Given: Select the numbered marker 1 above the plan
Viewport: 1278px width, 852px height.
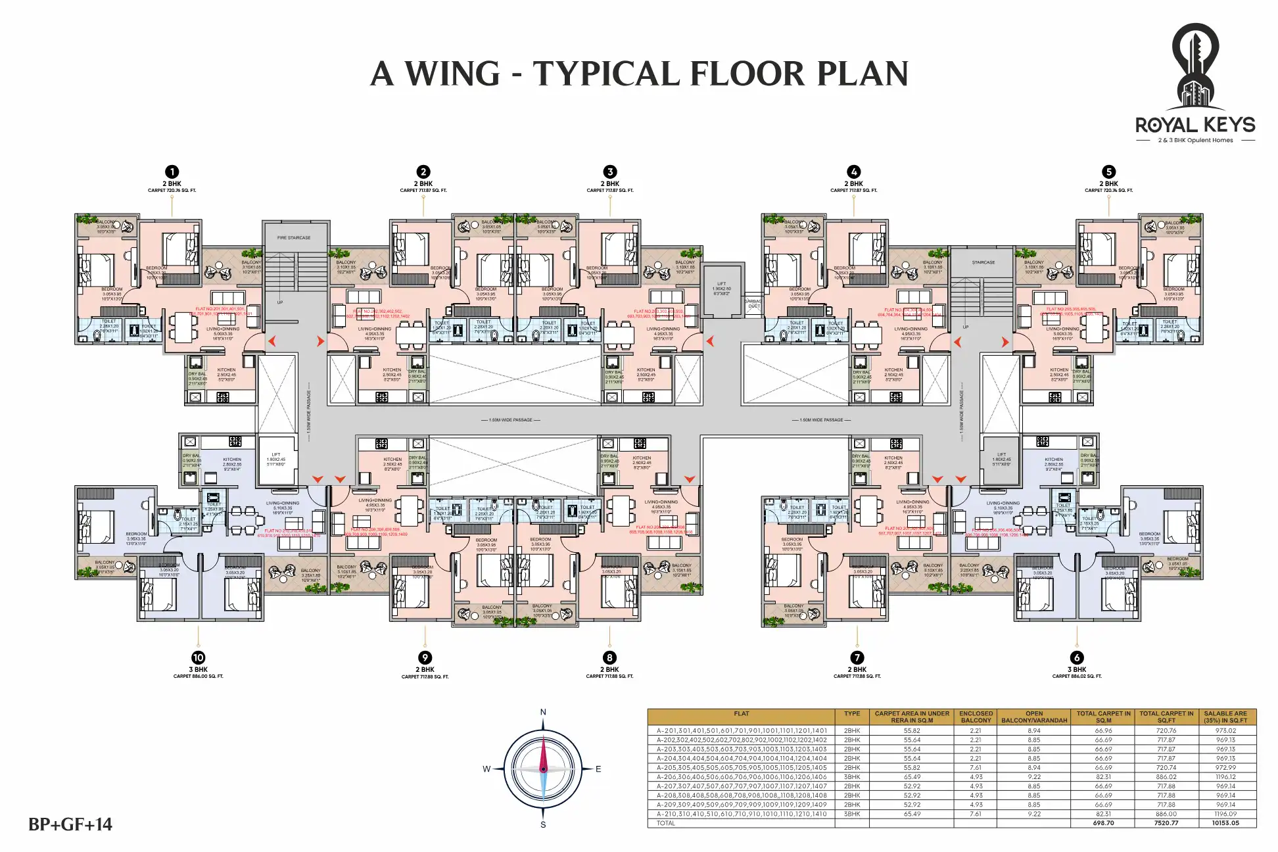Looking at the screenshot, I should (x=172, y=172).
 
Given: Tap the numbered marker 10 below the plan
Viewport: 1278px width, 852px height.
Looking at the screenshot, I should (x=198, y=657).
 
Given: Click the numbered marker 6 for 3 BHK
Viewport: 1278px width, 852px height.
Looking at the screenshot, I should (x=1076, y=657).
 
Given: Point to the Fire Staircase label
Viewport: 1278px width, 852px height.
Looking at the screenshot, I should (x=294, y=238).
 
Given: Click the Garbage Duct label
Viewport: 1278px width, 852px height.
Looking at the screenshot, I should (x=753, y=304).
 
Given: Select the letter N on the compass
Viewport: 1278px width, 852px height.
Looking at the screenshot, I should (x=543, y=713).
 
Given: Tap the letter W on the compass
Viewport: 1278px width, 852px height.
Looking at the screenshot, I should (x=486, y=769).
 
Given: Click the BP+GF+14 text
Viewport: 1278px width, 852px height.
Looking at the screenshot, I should (x=70, y=824).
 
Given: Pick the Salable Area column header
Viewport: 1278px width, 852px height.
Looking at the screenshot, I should (x=1225, y=717).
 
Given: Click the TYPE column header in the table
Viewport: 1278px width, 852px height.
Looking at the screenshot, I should (x=852, y=714).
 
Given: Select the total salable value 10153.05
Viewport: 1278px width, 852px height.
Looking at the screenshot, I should (x=1225, y=823).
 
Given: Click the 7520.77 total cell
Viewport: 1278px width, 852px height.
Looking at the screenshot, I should (x=1166, y=823).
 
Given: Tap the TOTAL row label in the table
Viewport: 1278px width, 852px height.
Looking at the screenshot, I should (x=666, y=823).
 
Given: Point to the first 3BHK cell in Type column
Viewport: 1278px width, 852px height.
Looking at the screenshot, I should (x=852, y=777).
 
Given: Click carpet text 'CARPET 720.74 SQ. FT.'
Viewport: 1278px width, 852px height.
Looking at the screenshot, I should (x=1108, y=191).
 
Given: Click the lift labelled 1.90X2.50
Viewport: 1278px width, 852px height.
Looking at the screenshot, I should (x=721, y=288).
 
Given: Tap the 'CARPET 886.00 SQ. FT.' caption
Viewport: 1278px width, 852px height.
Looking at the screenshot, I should (x=198, y=676).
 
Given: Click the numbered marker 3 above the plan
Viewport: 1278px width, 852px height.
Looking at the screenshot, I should (x=609, y=172).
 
